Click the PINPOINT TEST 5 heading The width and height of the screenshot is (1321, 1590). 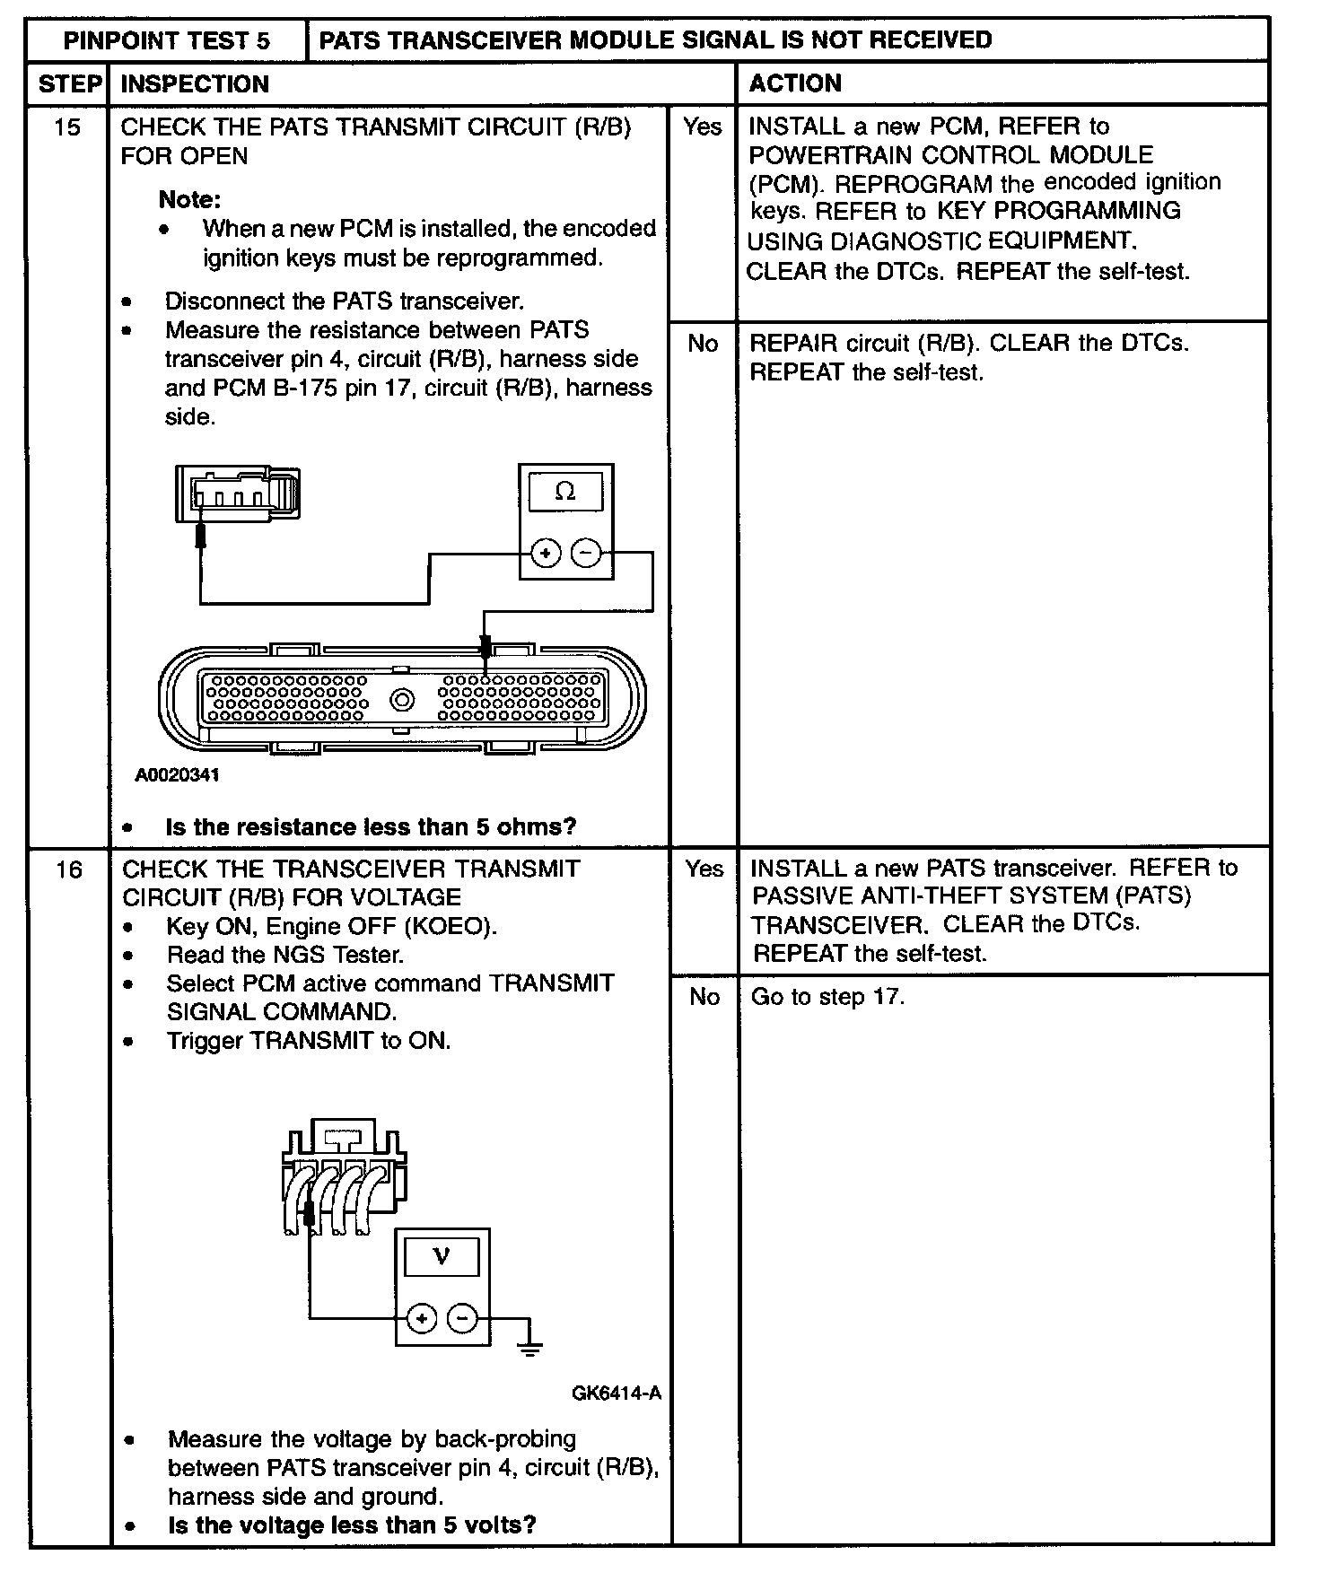coord(166,40)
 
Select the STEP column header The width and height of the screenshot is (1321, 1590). coord(68,83)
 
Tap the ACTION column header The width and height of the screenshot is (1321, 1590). coord(795,83)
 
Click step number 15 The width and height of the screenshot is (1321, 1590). coord(67,127)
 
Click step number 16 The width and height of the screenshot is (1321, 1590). coord(68,869)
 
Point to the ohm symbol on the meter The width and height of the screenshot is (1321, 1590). coord(565,491)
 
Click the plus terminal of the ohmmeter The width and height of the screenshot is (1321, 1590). coord(546,554)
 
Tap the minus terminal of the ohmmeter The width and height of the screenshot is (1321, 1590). coord(586,554)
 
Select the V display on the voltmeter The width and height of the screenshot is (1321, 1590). coord(442,1255)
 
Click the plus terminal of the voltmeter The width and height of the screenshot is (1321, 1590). coord(422,1318)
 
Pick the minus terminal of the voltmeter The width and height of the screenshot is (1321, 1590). coord(462,1318)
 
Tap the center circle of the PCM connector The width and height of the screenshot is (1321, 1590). coord(402,699)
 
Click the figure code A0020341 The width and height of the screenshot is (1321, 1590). coord(177,774)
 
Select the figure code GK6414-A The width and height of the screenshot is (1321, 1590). coord(617,1393)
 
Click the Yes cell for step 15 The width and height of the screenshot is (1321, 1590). coord(702,127)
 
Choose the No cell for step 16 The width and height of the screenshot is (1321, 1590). coord(704,997)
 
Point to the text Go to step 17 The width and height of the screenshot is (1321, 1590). coord(827,997)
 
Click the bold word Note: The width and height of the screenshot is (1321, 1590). coord(189,199)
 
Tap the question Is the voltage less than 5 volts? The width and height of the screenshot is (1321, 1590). coord(352,1524)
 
